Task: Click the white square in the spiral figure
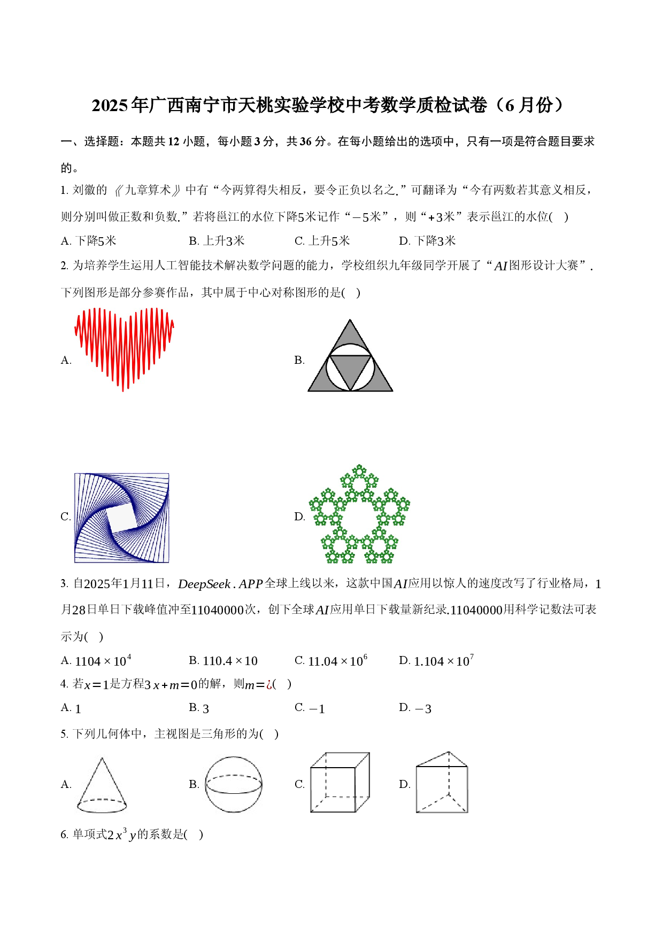click(x=122, y=518)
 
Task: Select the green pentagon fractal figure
click(x=359, y=514)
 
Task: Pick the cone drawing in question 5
click(x=102, y=785)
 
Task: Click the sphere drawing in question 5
click(x=234, y=784)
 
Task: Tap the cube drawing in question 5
click(x=340, y=783)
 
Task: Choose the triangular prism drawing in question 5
click(x=442, y=782)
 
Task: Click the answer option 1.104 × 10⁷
click(x=444, y=661)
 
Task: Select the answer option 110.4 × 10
click(x=230, y=661)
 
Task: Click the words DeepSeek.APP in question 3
click(x=220, y=584)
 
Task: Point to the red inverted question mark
click(x=269, y=684)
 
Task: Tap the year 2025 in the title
click(x=110, y=105)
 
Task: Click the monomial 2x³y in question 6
click(x=121, y=834)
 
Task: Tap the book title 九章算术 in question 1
click(x=147, y=190)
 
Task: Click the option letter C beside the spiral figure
click(x=65, y=517)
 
